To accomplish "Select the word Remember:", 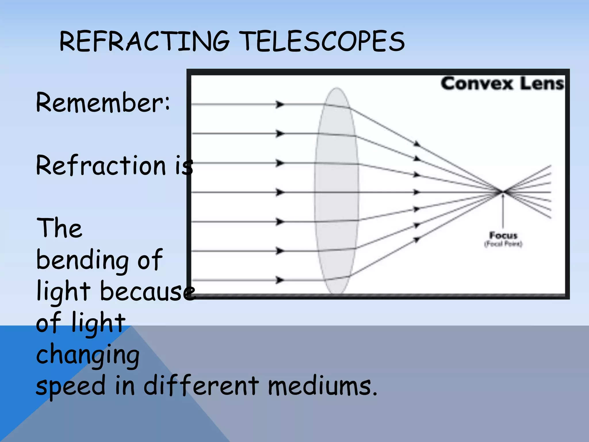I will point(103,103).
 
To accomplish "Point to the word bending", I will point(82,260).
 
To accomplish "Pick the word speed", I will point(71,386).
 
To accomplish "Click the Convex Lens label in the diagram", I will point(502,84).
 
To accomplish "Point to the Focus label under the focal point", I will point(503,235).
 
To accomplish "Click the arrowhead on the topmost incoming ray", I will point(279,104).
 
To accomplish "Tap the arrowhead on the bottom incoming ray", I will point(279,280).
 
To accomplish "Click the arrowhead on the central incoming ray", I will point(279,192).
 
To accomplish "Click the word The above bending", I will point(59,228).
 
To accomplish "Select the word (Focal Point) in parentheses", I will point(503,244).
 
